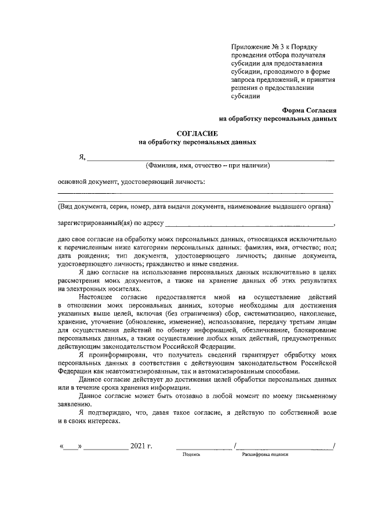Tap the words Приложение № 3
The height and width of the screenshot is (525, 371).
pyautogui.click(x=254, y=45)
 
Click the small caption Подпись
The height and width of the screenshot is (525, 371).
pyautogui.click(x=191, y=455)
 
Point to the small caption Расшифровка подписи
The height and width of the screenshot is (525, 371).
pyautogui.click(x=265, y=455)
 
